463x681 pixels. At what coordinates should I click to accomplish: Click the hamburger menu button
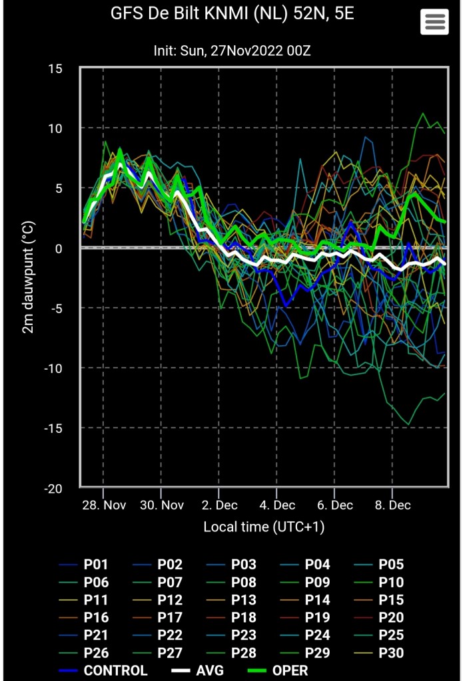click(x=434, y=22)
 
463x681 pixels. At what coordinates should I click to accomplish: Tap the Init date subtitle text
click(x=232, y=51)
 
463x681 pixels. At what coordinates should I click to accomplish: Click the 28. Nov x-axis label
click(x=103, y=505)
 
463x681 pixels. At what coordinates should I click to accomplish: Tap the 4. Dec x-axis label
click(x=276, y=505)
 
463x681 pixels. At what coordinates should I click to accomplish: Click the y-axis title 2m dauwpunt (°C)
click(x=28, y=278)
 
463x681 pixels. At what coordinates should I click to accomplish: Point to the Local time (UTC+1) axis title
click(x=264, y=527)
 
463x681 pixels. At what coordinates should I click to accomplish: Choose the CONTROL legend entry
click(x=103, y=670)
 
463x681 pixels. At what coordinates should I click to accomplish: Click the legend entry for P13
click(x=231, y=600)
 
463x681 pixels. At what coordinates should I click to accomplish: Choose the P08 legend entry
click(x=231, y=582)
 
